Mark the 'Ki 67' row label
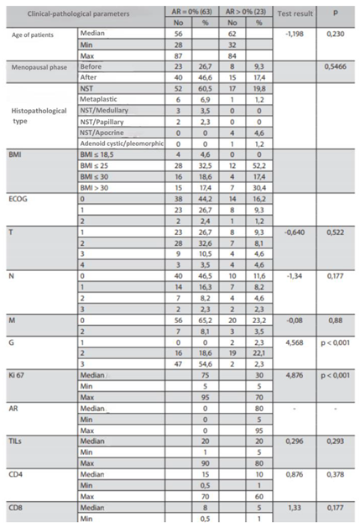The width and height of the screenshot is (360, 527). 19,368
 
